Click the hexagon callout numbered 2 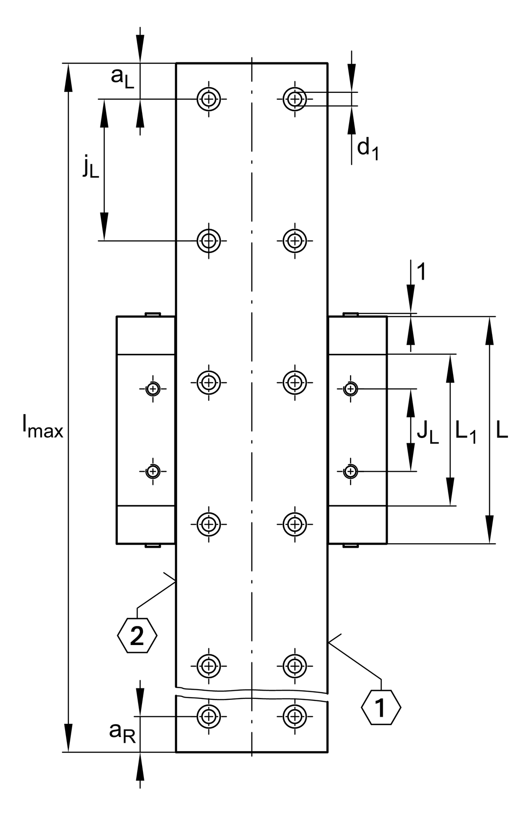[x=137, y=636]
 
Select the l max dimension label [x=43, y=429]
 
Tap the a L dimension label [x=122, y=78]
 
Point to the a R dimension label [x=122, y=732]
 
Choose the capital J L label [x=427, y=432]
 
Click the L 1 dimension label [x=466, y=432]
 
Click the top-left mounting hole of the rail [x=209, y=99]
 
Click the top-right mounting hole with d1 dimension [x=295, y=99]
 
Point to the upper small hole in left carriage [x=153, y=389]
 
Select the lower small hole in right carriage [x=351, y=471]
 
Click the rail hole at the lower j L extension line [x=209, y=241]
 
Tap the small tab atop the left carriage [x=153, y=314]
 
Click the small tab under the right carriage [x=351, y=546]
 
